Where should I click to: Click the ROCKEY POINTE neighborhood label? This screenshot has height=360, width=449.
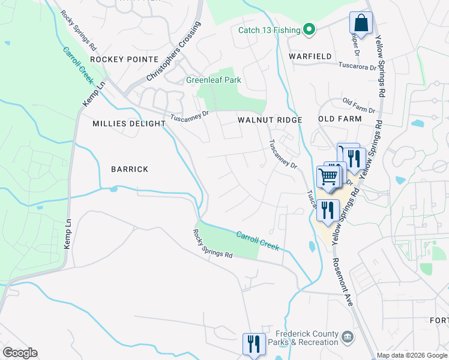click(124, 59)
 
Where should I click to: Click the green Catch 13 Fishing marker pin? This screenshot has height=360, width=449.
click(309, 29)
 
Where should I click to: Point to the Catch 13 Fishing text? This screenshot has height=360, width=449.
click(268, 29)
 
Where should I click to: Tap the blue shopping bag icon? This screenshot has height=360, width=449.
click(361, 24)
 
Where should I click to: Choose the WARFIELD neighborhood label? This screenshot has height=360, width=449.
click(310, 56)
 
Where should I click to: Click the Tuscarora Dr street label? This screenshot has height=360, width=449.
click(357, 65)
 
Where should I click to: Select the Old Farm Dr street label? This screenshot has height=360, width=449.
click(358, 106)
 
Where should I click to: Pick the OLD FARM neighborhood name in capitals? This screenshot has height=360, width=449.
click(340, 119)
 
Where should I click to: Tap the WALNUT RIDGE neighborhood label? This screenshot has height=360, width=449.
click(269, 120)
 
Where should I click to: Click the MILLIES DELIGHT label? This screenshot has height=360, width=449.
click(128, 124)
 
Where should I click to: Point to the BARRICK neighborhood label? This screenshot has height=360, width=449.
click(130, 169)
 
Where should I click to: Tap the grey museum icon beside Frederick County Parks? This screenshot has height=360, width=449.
click(347, 338)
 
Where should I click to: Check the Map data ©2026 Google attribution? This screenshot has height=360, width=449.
click(412, 356)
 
